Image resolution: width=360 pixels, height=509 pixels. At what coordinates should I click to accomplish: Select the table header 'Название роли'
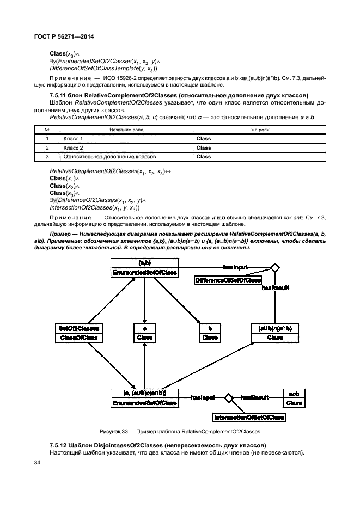point(127,130)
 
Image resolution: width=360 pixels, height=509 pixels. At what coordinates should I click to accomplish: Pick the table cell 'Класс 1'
point(73,139)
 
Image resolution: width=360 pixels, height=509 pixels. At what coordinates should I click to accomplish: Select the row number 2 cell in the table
point(47,148)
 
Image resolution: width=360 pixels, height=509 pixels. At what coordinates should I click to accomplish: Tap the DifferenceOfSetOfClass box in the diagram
point(228,279)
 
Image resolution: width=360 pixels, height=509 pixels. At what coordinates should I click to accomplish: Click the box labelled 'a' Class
point(144,333)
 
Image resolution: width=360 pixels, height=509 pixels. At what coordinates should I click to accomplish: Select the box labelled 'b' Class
point(210,333)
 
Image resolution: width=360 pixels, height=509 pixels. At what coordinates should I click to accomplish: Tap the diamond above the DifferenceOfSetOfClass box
point(274,267)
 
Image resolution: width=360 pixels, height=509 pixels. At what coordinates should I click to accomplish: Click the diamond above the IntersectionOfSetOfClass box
point(229,398)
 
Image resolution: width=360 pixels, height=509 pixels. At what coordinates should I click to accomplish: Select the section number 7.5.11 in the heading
point(59,95)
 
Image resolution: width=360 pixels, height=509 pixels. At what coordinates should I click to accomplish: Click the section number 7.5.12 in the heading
point(59,445)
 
